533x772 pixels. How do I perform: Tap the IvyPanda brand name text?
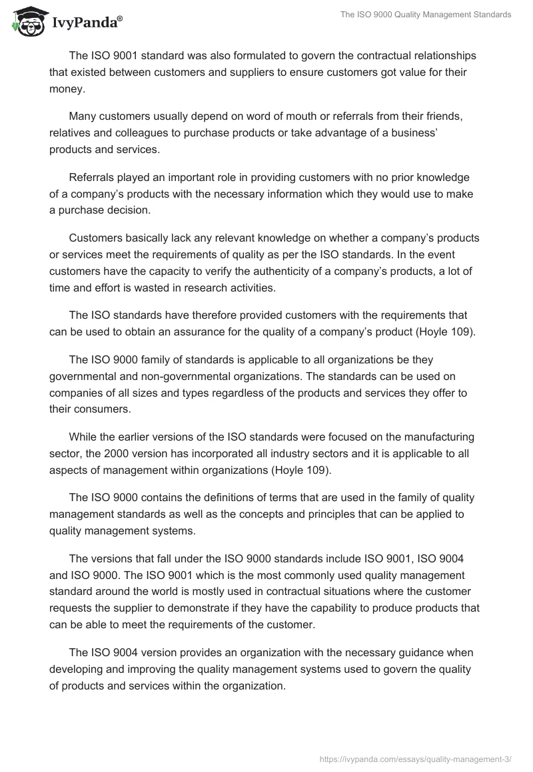pyautogui.click(x=86, y=24)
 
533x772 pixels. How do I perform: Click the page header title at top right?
pyautogui.click(x=426, y=15)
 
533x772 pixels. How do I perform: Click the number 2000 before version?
pyautogui.click(x=116, y=454)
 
